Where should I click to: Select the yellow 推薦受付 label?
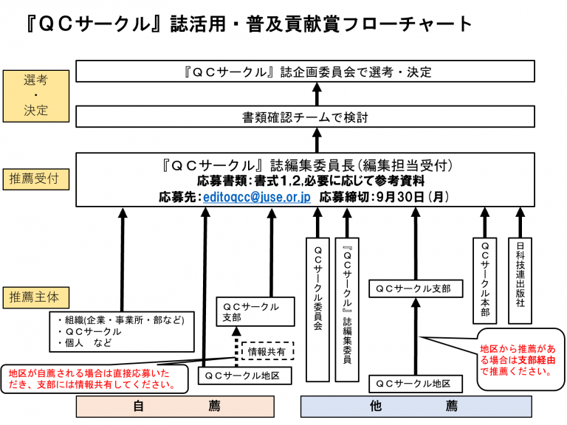pos(35,179)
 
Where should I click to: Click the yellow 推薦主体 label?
pos(35,297)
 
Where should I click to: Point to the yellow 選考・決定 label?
pos(35,95)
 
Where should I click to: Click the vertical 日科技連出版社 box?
pos(520,280)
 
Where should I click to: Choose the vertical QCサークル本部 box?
pos(484,280)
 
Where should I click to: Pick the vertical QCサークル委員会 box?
pos(317,308)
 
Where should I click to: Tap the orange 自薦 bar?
pos(175,406)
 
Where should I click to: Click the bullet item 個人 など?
pos(87,343)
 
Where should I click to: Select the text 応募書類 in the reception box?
pos(223,181)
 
